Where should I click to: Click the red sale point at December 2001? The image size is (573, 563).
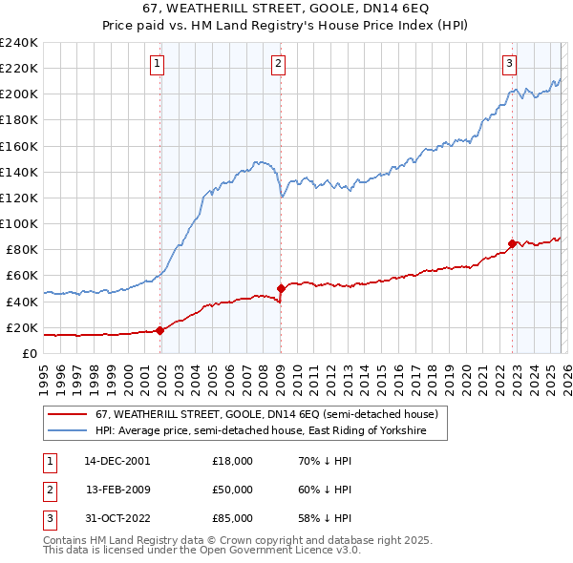click(159, 330)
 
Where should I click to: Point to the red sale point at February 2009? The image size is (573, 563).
click(281, 288)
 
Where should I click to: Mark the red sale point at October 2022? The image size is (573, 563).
click(512, 243)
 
